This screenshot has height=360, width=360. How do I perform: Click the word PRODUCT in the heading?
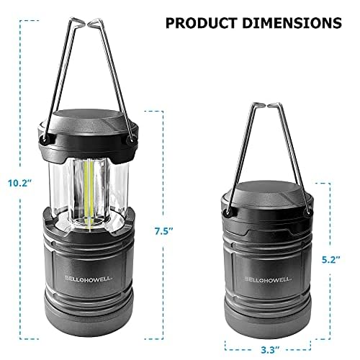tap(202, 23)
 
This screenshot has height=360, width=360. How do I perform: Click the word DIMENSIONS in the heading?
tap(292, 23)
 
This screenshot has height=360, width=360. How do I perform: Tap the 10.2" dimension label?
tap(20, 183)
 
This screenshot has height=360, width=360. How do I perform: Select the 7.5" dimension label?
tap(163, 231)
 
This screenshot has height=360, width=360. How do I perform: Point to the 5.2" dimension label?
tap(331, 260)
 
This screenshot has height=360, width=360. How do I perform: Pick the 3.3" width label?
tap(268, 350)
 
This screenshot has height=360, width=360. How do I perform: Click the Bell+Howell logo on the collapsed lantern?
tap(268, 279)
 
